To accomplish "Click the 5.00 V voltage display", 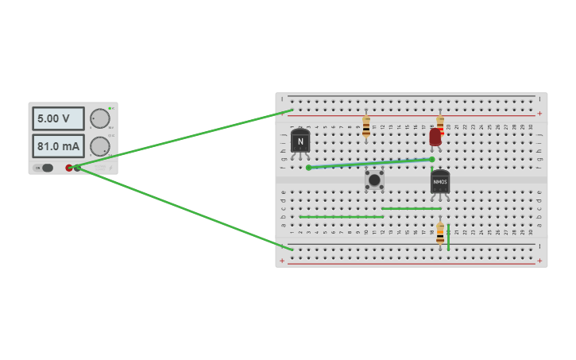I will pyautogui.click(x=58, y=118).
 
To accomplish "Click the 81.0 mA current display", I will pyautogui.click(x=58, y=146).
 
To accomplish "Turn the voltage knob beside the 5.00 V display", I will pyautogui.click(x=100, y=118).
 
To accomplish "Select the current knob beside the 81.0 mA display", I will pyautogui.click(x=100, y=146).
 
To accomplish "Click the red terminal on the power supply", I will pyautogui.click(x=69, y=168).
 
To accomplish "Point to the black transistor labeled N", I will pyautogui.click(x=300, y=141).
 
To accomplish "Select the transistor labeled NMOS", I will pyautogui.click(x=440, y=182).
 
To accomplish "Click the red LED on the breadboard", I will pyautogui.click(x=435, y=137).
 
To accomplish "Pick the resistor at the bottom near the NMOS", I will pyautogui.click(x=440, y=234).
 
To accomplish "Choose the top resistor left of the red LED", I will pyautogui.click(x=366, y=126).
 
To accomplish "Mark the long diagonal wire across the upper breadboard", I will pyautogui.click(x=370, y=163).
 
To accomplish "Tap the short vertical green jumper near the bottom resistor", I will pyautogui.click(x=448, y=237).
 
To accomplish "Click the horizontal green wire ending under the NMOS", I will pyautogui.click(x=411, y=208).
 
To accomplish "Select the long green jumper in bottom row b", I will pyautogui.click(x=342, y=216).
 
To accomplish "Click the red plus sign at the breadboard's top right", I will pyautogui.click(x=539, y=113).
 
